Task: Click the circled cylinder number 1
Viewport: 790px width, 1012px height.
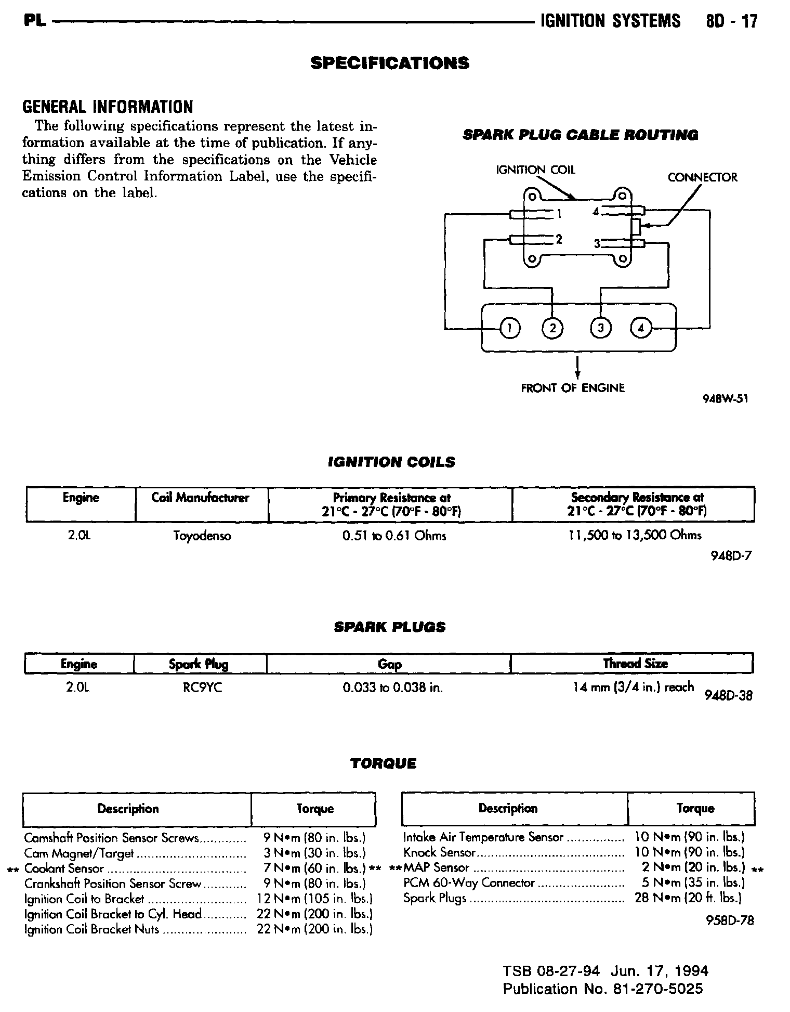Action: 510,328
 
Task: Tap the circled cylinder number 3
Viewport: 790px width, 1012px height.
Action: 601,328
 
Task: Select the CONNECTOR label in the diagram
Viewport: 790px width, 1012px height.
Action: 702,178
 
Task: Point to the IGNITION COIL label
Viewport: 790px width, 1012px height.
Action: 536,170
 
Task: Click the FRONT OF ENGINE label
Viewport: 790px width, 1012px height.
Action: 573,388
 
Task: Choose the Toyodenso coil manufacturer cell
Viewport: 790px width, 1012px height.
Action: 202,536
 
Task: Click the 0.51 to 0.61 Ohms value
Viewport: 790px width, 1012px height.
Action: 394,536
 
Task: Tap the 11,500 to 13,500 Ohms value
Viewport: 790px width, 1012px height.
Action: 635,535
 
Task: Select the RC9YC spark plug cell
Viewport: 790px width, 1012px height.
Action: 202,687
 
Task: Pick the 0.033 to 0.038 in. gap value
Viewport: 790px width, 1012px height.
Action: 392,687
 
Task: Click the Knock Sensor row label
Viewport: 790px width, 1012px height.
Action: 439,853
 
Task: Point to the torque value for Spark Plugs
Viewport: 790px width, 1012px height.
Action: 688,898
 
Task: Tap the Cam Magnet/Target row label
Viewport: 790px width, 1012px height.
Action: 79,853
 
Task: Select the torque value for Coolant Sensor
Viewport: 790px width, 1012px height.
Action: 315,868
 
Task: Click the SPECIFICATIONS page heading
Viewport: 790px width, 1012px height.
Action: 390,63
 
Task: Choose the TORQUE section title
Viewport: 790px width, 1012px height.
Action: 383,763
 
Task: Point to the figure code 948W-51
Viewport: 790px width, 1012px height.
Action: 726,399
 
